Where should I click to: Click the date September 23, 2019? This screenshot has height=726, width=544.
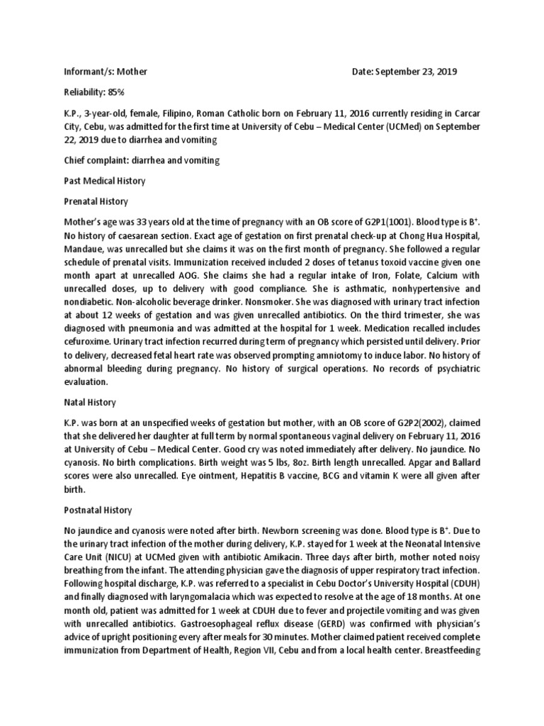tap(416, 72)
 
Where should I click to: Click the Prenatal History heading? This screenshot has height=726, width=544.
tap(94, 201)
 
